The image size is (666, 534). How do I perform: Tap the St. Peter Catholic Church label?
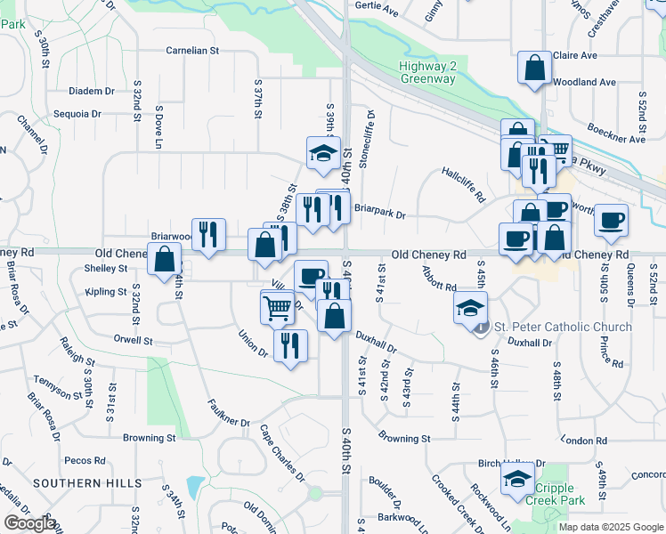point(562,327)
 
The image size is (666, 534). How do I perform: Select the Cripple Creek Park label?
point(562,495)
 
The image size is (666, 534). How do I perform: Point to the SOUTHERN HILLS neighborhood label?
point(87,483)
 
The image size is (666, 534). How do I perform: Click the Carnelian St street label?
point(192,51)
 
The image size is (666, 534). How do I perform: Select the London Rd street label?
point(584,441)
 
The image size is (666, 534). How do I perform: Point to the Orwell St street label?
point(134,340)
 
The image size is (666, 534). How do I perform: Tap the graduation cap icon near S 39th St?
point(323,153)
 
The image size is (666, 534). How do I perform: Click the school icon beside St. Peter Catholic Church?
point(470,309)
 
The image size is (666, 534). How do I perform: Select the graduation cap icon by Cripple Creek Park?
point(517,478)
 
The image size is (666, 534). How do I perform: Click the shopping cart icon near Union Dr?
point(277,307)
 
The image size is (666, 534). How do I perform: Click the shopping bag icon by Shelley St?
point(166,261)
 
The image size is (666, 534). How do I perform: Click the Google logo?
point(29,523)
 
